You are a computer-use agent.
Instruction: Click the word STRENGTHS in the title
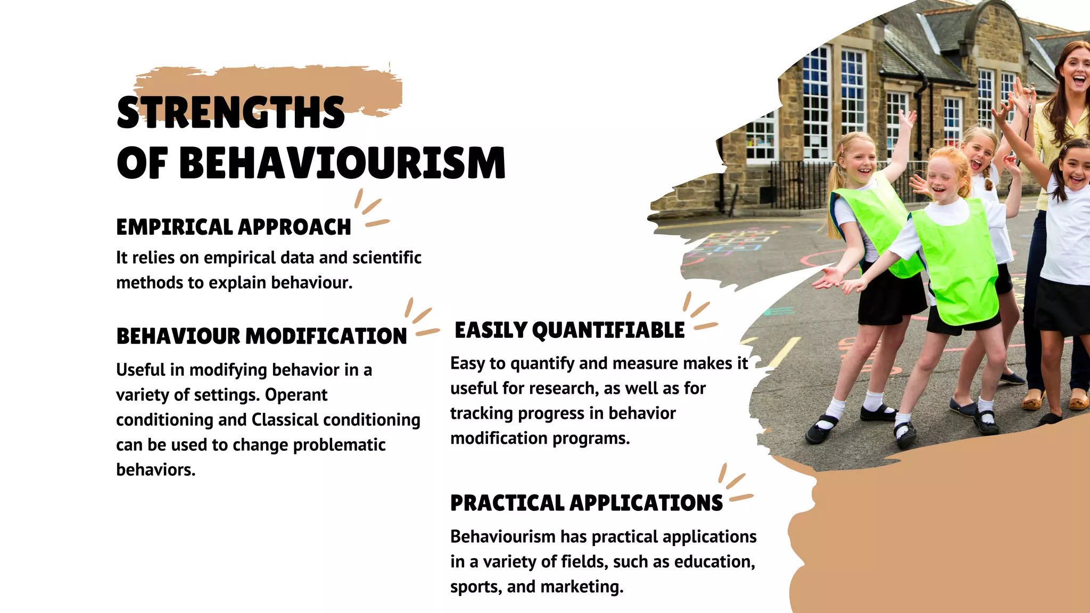click(x=230, y=113)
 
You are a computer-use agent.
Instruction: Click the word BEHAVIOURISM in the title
click(x=342, y=163)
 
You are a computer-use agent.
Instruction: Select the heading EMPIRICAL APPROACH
click(x=234, y=227)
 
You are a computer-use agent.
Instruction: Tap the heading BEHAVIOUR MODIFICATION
click(x=261, y=336)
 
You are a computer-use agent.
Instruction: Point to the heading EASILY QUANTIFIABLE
click(x=569, y=330)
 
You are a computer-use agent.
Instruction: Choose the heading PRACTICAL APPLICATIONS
click(x=587, y=503)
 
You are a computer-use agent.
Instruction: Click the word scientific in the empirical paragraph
click(x=387, y=258)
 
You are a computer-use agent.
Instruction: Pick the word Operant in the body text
click(x=296, y=395)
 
